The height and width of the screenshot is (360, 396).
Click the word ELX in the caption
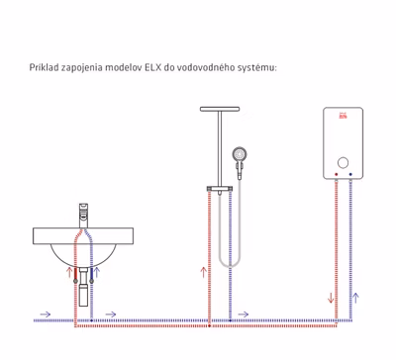[x=152, y=67]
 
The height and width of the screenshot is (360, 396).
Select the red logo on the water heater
[x=344, y=116]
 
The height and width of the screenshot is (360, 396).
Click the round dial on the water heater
[x=344, y=162]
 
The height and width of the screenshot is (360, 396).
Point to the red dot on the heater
[x=337, y=174]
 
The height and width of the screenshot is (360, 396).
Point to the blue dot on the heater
[x=350, y=174]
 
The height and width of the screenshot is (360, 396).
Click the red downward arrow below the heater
[x=331, y=298]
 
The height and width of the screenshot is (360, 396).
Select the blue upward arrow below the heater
[x=355, y=298]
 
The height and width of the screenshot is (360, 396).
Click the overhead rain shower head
[x=220, y=109]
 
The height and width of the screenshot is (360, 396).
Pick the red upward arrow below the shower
[x=203, y=272]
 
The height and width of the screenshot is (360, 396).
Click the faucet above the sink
[x=84, y=216]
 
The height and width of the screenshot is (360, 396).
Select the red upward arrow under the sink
[x=69, y=272]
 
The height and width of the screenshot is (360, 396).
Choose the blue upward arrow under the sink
[x=97, y=272]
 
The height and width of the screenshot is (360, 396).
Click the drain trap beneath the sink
[x=84, y=286]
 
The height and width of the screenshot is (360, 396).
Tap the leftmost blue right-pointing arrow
[x=46, y=315]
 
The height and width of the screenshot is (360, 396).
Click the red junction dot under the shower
[x=209, y=325]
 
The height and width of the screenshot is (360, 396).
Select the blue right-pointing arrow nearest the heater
[x=244, y=315]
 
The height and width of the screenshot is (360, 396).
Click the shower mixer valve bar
[x=220, y=189]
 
